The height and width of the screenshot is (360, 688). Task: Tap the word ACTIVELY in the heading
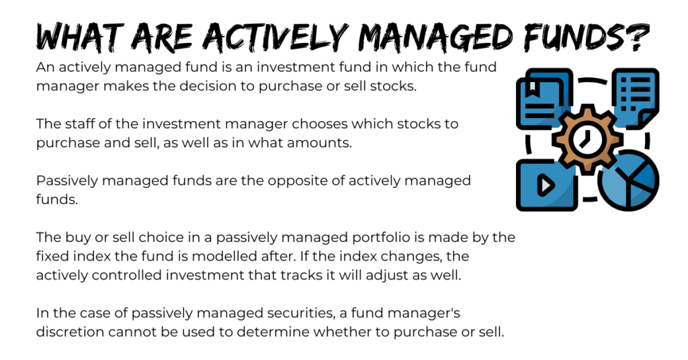pos(275,37)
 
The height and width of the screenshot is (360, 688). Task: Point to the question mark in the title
pos(636,37)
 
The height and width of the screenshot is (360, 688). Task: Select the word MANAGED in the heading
pos(435,37)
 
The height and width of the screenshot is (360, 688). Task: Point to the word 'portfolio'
pos(381,237)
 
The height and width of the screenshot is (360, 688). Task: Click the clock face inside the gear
pos(587,140)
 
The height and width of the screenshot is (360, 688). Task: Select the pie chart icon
pos(628,180)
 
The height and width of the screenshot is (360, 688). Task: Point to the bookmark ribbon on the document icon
pos(532,88)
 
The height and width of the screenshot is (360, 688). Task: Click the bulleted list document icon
pos(635,97)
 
